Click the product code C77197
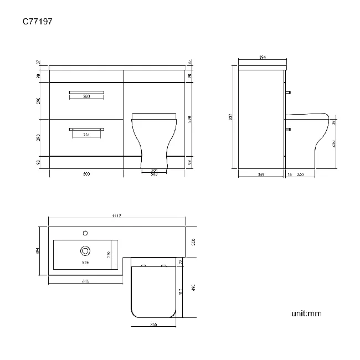[x=38, y=22]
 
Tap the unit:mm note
[x=306, y=314]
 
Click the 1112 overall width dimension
[x=116, y=216]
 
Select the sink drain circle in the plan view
[x=86, y=250]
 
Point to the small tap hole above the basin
[x=86, y=233]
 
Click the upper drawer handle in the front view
[x=86, y=91]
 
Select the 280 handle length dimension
[x=86, y=96]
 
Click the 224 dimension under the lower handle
[x=86, y=135]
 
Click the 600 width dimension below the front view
[x=86, y=174]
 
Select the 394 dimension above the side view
[x=262, y=57]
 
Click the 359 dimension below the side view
[x=261, y=174]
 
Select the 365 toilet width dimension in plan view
[x=153, y=325]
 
